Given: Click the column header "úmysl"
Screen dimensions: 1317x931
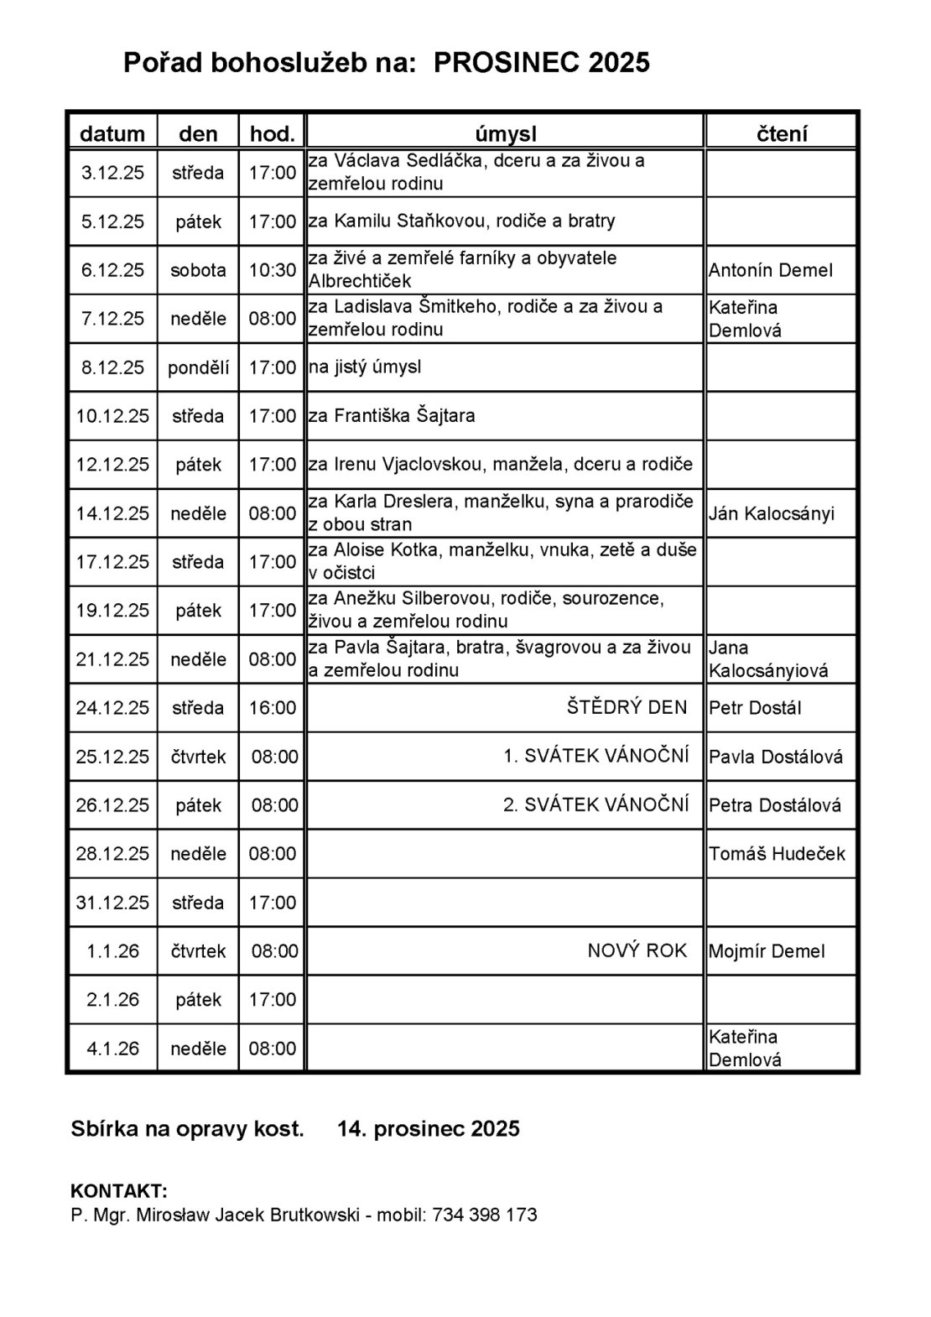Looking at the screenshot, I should click(505, 133).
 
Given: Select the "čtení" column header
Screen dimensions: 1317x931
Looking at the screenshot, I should click(782, 133).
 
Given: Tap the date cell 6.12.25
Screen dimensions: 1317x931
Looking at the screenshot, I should click(112, 270).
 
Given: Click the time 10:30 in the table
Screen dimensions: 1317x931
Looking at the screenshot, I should click(273, 270).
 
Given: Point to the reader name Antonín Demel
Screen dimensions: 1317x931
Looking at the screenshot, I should click(771, 270).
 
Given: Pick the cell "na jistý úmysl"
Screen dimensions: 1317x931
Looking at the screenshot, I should click(365, 367).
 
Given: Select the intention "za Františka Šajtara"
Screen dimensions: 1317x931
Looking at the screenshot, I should click(392, 416).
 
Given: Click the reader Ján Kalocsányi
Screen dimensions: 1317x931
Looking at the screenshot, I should click(772, 513).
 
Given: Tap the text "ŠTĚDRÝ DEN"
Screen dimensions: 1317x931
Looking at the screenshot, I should click(627, 707).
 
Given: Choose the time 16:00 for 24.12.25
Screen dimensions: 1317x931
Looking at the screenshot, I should click(273, 708).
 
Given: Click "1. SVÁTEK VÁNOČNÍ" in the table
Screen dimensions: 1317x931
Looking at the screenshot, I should click(596, 756).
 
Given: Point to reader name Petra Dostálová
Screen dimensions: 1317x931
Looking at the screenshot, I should click(775, 805).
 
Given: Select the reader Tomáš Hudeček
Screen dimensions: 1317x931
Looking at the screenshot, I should click(777, 854).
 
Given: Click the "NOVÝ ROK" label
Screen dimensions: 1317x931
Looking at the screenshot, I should click(637, 950).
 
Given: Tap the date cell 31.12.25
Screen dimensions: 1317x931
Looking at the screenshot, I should click(112, 903).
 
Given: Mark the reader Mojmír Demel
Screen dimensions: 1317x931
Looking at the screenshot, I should click(767, 951).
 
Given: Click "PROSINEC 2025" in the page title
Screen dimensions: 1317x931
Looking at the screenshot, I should click(542, 63).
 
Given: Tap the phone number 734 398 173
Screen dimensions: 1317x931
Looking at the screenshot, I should click(485, 1215).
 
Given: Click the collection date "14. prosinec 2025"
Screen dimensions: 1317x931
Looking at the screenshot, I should click(429, 1129).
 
